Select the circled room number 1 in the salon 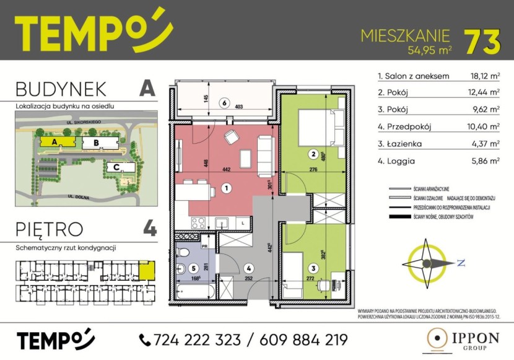point(227,188)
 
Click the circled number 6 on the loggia point(225,103)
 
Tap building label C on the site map point(116,167)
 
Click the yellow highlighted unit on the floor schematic point(147,270)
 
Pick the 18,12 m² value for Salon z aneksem point(484,76)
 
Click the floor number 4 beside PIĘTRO point(149,229)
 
